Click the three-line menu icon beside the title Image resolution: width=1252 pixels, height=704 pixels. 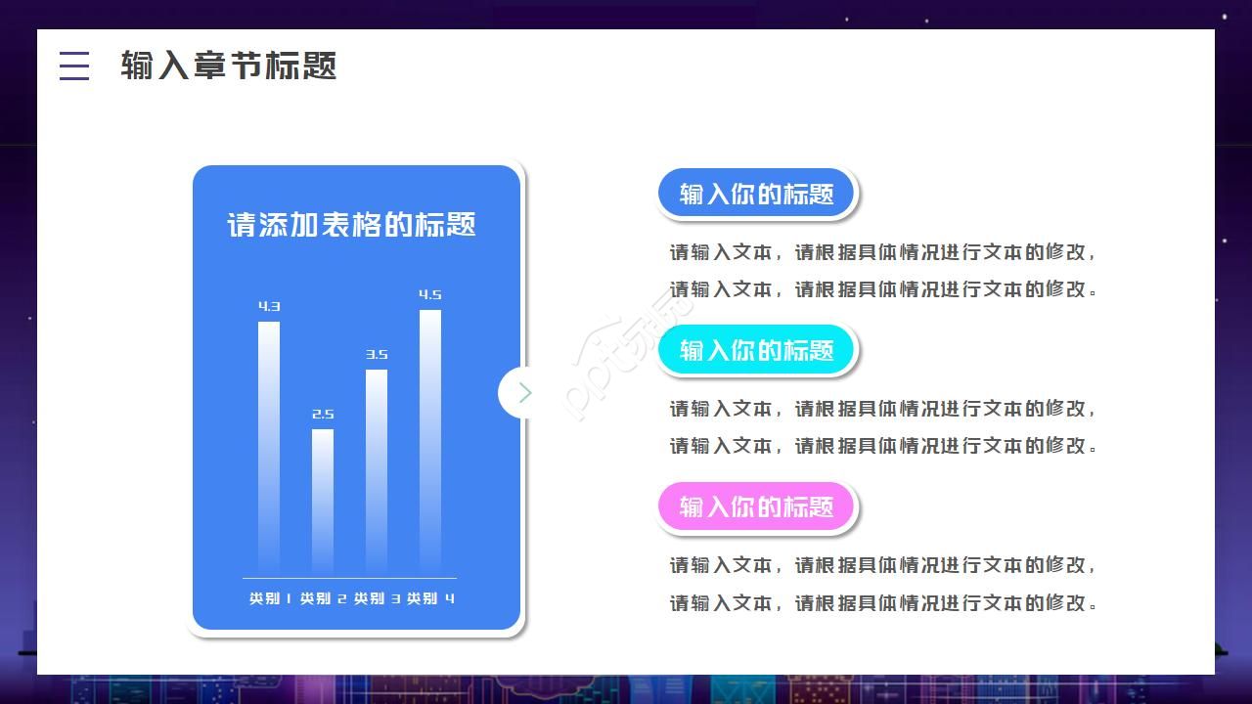pyautogui.click(x=74, y=66)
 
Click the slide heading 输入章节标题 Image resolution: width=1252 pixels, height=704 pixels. pyautogui.click(x=229, y=66)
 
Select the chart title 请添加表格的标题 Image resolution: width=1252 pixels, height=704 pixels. pyautogui.click(x=352, y=225)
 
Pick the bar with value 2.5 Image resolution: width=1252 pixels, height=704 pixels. pyautogui.click(x=323, y=499)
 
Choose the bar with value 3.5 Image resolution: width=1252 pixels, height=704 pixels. pyautogui.click(x=377, y=469)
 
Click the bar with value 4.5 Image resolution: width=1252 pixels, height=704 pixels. pyautogui.click(x=430, y=440)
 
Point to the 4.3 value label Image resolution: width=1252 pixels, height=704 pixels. pyautogui.click(x=269, y=306)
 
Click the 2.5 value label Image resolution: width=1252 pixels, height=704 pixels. pyautogui.click(x=323, y=414)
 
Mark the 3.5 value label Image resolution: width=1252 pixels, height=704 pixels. pyautogui.click(x=377, y=354)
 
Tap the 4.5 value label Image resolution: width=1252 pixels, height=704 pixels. pyautogui.click(x=430, y=294)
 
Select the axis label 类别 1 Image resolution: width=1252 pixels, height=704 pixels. pyautogui.click(x=270, y=598)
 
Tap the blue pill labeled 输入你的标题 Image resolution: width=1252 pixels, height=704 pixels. pyautogui.click(x=756, y=194)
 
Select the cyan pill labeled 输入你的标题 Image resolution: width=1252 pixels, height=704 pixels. pyautogui.click(x=756, y=350)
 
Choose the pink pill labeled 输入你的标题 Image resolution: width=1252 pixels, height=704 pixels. pyautogui.click(x=756, y=506)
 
